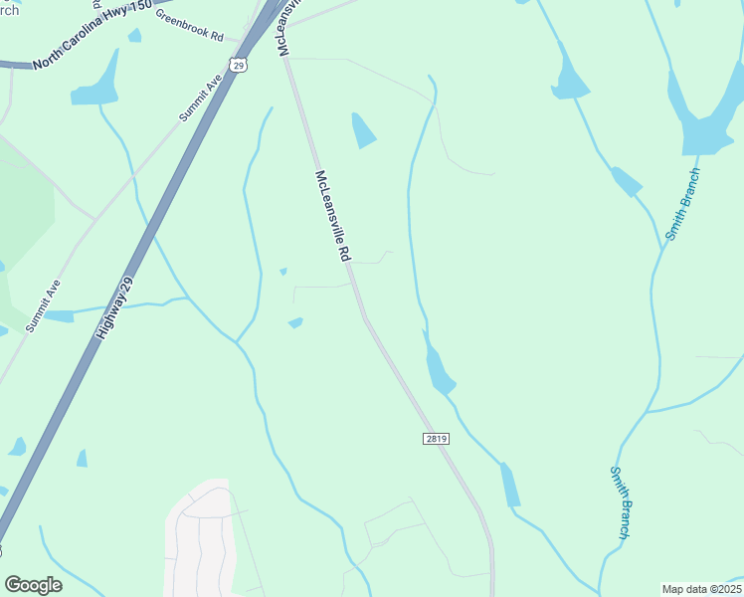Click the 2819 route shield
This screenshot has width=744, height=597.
pos(431,439)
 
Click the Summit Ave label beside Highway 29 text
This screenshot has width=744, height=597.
pos(45,305)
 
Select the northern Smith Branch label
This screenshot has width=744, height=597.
pos(683,204)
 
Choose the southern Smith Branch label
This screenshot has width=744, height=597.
pos(620,502)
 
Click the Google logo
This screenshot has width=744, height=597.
pos(33,585)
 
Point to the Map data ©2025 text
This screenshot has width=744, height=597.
pos(701,589)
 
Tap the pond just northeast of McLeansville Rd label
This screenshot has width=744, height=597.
pos(364,130)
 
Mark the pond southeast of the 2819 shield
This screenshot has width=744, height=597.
pos(510,485)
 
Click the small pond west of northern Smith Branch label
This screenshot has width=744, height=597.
pos(626,182)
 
